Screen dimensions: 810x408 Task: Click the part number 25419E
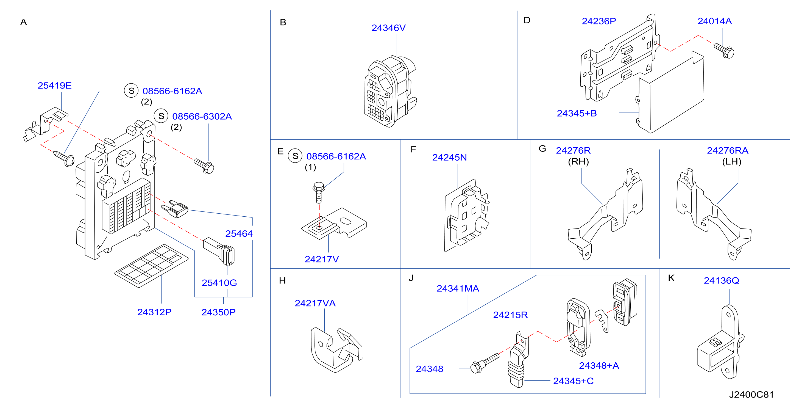point(55,86)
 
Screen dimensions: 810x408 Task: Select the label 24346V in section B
point(389,28)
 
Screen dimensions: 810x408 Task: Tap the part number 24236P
point(599,21)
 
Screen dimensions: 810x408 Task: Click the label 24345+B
point(577,113)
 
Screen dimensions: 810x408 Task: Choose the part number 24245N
point(450,158)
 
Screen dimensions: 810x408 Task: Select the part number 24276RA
point(728,150)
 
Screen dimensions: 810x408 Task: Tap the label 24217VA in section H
point(315,303)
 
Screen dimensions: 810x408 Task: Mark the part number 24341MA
point(458,288)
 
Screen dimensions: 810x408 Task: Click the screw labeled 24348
point(485,363)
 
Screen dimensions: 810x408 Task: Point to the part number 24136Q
point(721,280)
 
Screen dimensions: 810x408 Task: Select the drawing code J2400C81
point(751,395)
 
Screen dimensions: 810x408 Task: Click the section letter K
point(671,278)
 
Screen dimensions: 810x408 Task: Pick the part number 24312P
point(154,312)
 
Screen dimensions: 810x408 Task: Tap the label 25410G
point(219,283)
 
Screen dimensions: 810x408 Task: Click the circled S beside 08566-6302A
point(161,116)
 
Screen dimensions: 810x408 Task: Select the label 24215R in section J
point(510,315)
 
